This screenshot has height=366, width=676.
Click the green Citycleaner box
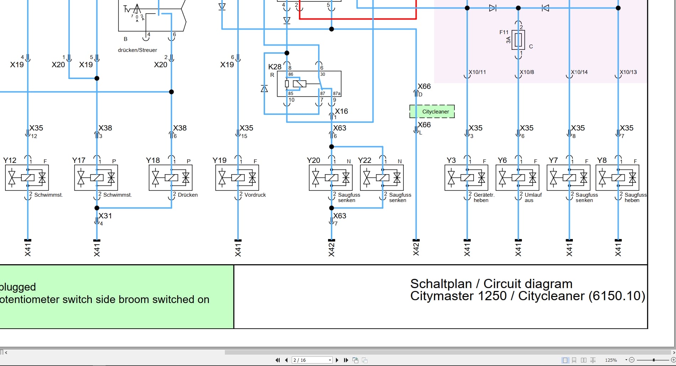432,111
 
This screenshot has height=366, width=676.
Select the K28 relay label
275,67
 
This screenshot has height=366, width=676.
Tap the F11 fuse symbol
518,40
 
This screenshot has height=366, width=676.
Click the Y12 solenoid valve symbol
27,177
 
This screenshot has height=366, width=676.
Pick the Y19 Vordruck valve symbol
237,177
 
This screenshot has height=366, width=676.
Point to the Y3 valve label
451,160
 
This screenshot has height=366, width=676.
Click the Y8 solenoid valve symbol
617,177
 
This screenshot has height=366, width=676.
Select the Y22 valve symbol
382,177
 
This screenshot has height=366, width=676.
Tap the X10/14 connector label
579,72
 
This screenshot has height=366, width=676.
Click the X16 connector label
342,111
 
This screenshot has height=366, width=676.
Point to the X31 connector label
105,216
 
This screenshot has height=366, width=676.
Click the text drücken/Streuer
137,50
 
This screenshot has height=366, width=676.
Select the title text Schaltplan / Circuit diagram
491,284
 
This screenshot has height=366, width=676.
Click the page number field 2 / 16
312,360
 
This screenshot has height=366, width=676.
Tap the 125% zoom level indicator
611,360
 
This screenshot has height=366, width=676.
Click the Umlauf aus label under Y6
533,197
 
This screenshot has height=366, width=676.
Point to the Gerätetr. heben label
484,197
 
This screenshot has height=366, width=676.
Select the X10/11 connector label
477,72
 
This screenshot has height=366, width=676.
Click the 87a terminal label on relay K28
337,94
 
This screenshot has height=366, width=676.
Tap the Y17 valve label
79,160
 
